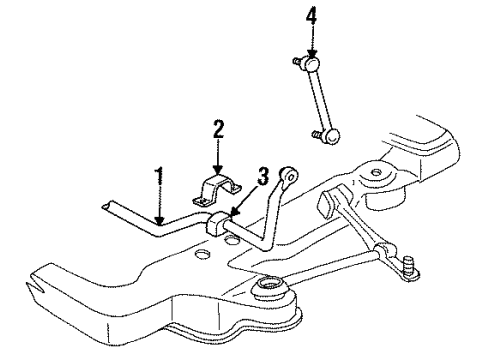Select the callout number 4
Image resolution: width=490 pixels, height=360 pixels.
coord(312,16)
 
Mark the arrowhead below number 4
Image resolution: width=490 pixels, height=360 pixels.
coord(313,53)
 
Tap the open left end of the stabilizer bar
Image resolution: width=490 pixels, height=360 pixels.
coord(104,206)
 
